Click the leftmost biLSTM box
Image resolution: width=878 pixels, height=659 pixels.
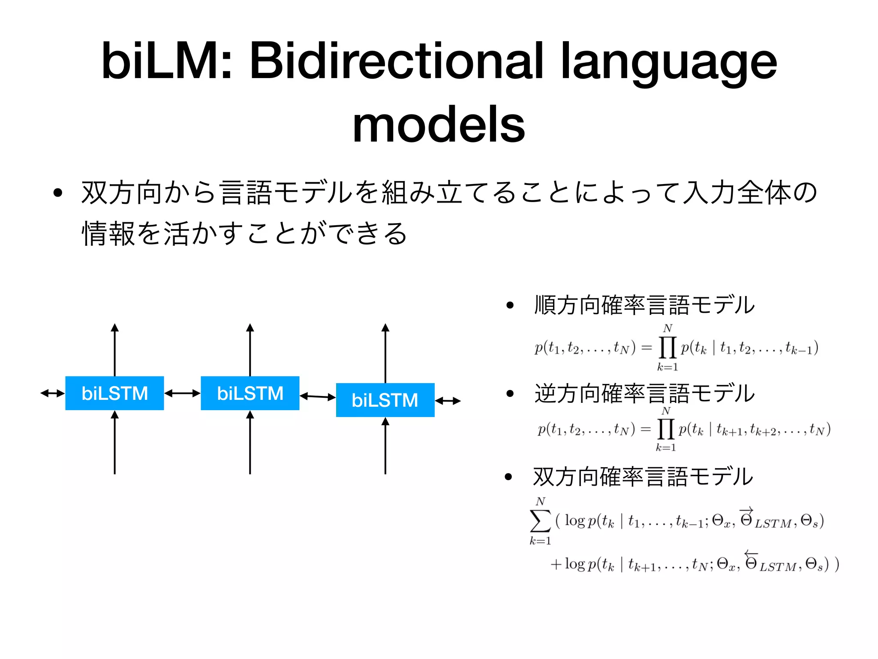point(114,393)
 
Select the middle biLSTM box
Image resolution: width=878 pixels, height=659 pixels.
point(250,393)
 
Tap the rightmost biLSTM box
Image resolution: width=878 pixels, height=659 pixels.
point(385,400)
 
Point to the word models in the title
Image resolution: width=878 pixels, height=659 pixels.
point(439,124)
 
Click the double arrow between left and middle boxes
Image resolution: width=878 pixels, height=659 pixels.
point(182,393)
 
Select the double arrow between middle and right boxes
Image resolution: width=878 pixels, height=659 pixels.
point(318,397)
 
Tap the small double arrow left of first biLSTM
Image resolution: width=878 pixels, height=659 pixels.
point(52,393)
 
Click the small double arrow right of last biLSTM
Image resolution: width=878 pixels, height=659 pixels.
point(448,401)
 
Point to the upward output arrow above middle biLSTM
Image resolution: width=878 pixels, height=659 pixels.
point(250,350)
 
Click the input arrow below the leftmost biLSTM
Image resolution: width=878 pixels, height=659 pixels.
point(114,442)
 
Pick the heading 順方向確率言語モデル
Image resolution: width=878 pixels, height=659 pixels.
point(644,305)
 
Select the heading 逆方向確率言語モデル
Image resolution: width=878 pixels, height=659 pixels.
point(644,393)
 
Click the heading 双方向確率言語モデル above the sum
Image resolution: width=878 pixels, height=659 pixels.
point(643,477)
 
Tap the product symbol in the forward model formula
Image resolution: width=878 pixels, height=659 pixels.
point(667,348)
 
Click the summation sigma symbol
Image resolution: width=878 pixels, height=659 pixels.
point(540,521)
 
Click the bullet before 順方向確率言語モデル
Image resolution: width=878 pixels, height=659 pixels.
point(510,305)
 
